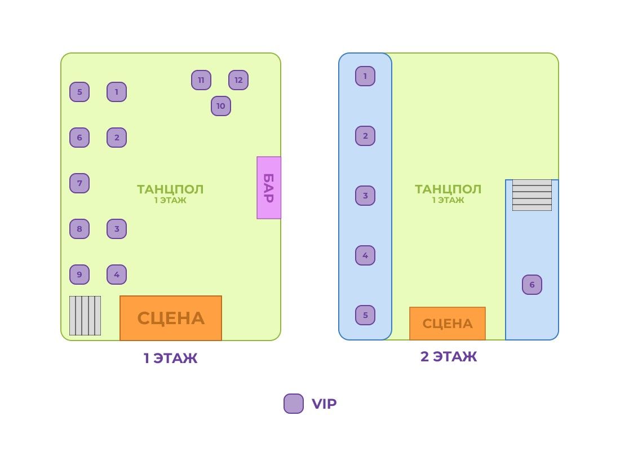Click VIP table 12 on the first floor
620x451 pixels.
[x=238, y=80]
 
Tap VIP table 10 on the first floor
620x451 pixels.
[x=220, y=106]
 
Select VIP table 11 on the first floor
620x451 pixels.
[x=201, y=80]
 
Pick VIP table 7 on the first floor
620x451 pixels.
[x=79, y=183]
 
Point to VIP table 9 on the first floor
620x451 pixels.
[x=79, y=275]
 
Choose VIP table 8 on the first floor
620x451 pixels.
[x=79, y=229]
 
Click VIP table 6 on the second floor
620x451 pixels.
[x=532, y=285]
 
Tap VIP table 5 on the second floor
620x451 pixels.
[x=365, y=315]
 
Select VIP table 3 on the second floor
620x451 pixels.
[x=365, y=196]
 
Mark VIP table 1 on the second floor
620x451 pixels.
[x=365, y=76]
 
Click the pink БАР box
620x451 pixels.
[x=269, y=188]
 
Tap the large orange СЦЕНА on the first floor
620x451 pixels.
[x=171, y=318]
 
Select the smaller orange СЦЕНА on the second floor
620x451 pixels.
[x=448, y=323]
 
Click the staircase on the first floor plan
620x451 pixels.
[x=85, y=316]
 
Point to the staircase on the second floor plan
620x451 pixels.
[x=532, y=195]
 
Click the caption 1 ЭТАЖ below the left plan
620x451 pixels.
[x=170, y=358]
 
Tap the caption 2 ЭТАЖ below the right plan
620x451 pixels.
[x=449, y=356]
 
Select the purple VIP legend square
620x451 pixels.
[x=294, y=404]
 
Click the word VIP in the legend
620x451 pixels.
[x=324, y=404]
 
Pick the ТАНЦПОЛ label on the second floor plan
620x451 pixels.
[x=448, y=189]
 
